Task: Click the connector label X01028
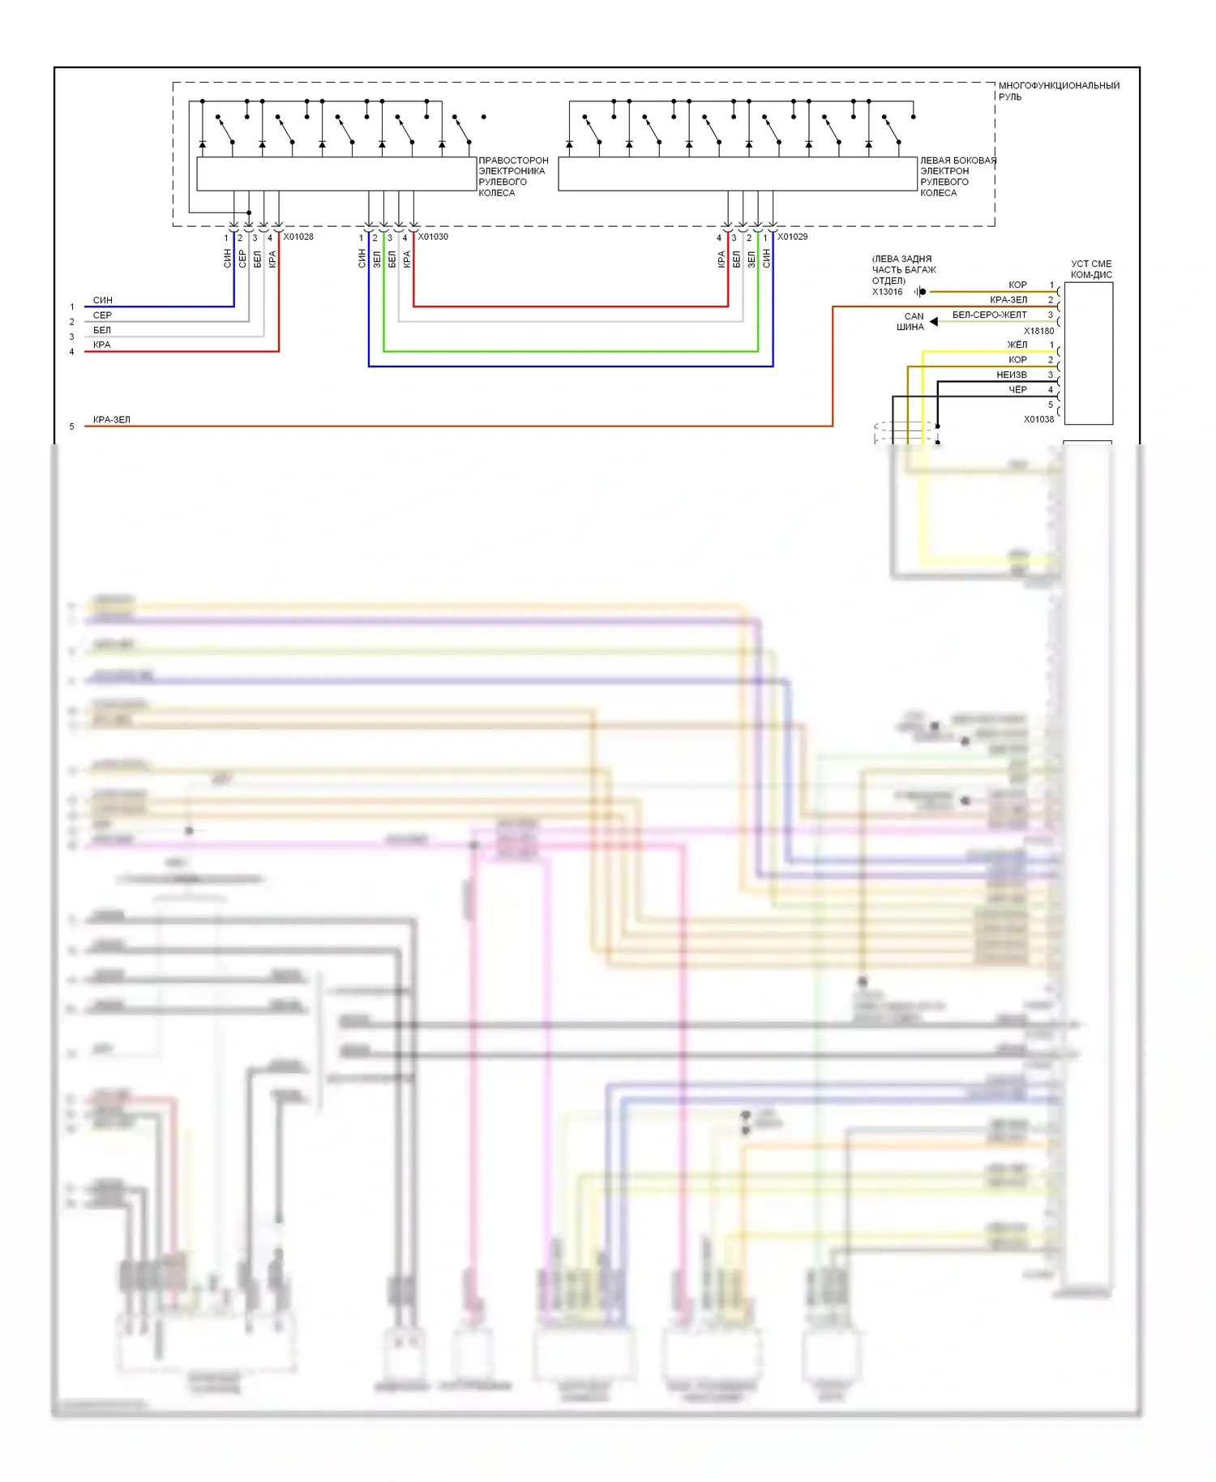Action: click(x=298, y=237)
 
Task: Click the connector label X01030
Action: click(x=433, y=237)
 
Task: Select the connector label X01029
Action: click(x=792, y=237)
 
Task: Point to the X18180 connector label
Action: click(x=1038, y=331)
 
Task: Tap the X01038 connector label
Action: click(x=1038, y=419)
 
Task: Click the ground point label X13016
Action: click(x=887, y=292)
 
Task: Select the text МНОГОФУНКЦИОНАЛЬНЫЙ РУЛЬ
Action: click(x=1058, y=91)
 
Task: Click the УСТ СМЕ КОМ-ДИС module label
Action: click(x=1091, y=269)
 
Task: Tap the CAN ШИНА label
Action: click(x=911, y=322)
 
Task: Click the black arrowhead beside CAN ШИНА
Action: click(x=934, y=322)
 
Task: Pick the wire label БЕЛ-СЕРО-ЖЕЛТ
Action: click(x=989, y=315)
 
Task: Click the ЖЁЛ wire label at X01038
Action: click(x=1017, y=345)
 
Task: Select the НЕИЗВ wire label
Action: click(x=1012, y=375)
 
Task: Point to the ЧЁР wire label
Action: click(x=1017, y=390)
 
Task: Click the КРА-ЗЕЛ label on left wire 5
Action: click(x=112, y=420)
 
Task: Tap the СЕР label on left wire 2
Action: click(x=102, y=315)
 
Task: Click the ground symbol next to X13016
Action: click(x=919, y=292)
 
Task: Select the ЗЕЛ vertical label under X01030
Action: click(x=377, y=259)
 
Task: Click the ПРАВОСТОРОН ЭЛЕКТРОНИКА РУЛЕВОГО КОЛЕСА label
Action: click(x=512, y=177)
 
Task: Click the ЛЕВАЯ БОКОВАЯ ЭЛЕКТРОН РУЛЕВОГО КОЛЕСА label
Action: click(x=957, y=177)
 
